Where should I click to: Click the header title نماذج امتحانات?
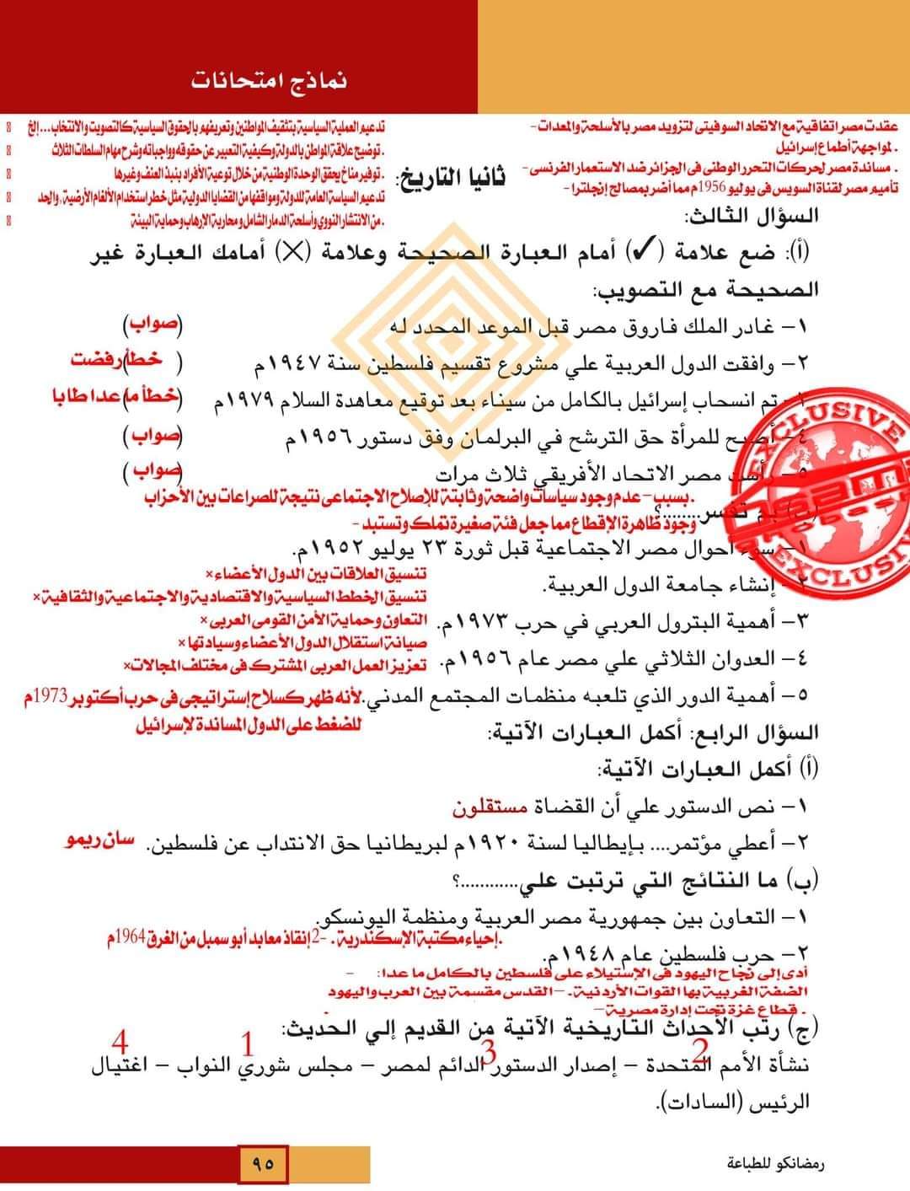pyautogui.click(x=269, y=81)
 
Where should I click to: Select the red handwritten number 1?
pyautogui.click(x=248, y=1044)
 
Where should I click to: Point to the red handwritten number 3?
pyautogui.click(x=488, y=1051)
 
